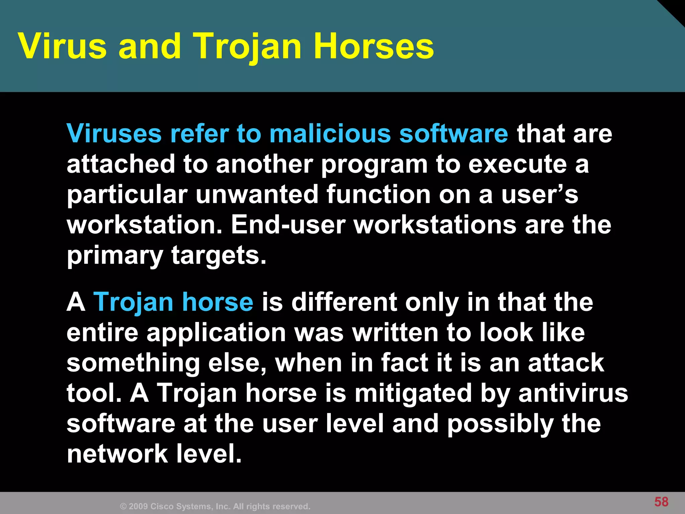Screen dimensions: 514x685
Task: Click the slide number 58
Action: pos(661,502)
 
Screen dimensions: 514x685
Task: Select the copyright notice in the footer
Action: pos(215,506)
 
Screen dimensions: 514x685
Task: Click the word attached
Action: pos(120,164)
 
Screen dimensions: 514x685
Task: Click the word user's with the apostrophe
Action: pos(540,195)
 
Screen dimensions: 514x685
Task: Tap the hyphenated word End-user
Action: pos(288,225)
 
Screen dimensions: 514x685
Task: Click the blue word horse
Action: pos(217,302)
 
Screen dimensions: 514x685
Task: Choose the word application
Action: pos(216,333)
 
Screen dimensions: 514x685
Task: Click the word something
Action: pos(133,363)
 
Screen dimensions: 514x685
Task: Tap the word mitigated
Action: pos(413,394)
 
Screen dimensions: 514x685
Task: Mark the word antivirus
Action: pos(573,394)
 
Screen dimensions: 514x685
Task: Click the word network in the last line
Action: pos(117,454)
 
